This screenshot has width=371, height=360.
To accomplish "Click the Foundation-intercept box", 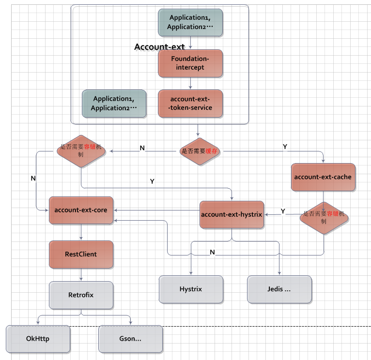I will pos(190,63).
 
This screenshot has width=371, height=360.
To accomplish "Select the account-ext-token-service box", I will pos(190,104).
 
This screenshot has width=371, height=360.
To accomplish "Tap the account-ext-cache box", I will pos(323,177).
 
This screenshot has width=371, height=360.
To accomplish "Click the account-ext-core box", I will pos(81,210).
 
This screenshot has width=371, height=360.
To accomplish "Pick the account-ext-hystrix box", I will pos(232,214).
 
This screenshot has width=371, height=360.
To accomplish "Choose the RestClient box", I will pos(81,254).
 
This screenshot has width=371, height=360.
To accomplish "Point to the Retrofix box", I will pos(81,294).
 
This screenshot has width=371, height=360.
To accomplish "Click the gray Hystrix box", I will pos(191,289).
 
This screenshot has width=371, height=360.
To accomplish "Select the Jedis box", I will pos(279,289).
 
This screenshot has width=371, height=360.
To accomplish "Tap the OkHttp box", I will pos(38,339).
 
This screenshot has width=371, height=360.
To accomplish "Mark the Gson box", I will pos(130,339).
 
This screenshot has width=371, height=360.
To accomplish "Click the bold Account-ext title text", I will pos(159,47).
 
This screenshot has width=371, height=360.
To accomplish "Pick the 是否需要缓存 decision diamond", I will pos(199,151).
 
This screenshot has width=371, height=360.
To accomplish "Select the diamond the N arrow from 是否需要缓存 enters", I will pos(81,151).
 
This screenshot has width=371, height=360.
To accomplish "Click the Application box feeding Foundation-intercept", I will pos(190,22).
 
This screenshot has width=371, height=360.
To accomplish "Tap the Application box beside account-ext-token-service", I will pos(114,103).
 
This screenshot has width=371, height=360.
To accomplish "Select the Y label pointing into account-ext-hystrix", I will pos(283,211).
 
